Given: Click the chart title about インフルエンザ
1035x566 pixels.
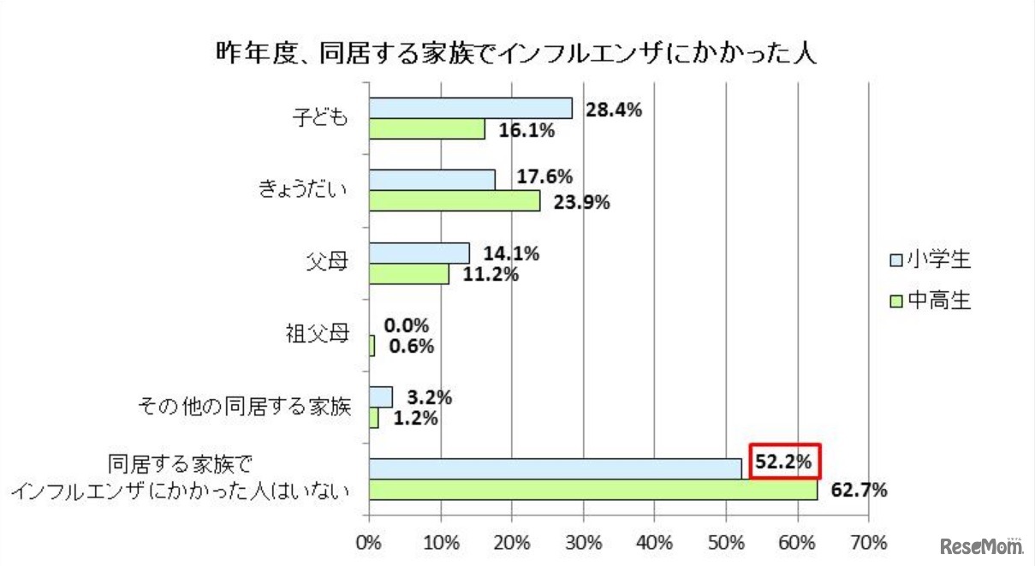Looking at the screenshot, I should pyautogui.click(x=516, y=53).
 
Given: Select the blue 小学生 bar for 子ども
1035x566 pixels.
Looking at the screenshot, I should pyautogui.click(x=471, y=108).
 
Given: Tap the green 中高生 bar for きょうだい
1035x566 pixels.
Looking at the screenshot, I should pyautogui.click(x=455, y=200).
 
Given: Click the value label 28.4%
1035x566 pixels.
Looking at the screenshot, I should pyautogui.click(x=614, y=110).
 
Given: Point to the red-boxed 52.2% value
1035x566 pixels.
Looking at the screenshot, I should pyautogui.click(x=785, y=462).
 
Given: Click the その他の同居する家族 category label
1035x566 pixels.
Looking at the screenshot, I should pyautogui.click(x=245, y=406).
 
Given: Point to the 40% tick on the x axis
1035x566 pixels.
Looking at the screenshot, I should pyautogui.click(x=654, y=543).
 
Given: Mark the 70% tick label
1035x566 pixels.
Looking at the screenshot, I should pyautogui.click(x=868, y=543).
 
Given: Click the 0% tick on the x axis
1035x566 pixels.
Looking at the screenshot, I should pyautogui.click(x=369, y=543).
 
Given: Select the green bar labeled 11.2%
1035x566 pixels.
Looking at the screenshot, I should pyautogui.click(x=409, y=273).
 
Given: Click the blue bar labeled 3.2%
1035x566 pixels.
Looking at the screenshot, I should pyautogui.click(x=381, y=396).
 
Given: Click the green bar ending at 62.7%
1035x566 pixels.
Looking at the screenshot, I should pyautogui.click(x=593, y=490).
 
